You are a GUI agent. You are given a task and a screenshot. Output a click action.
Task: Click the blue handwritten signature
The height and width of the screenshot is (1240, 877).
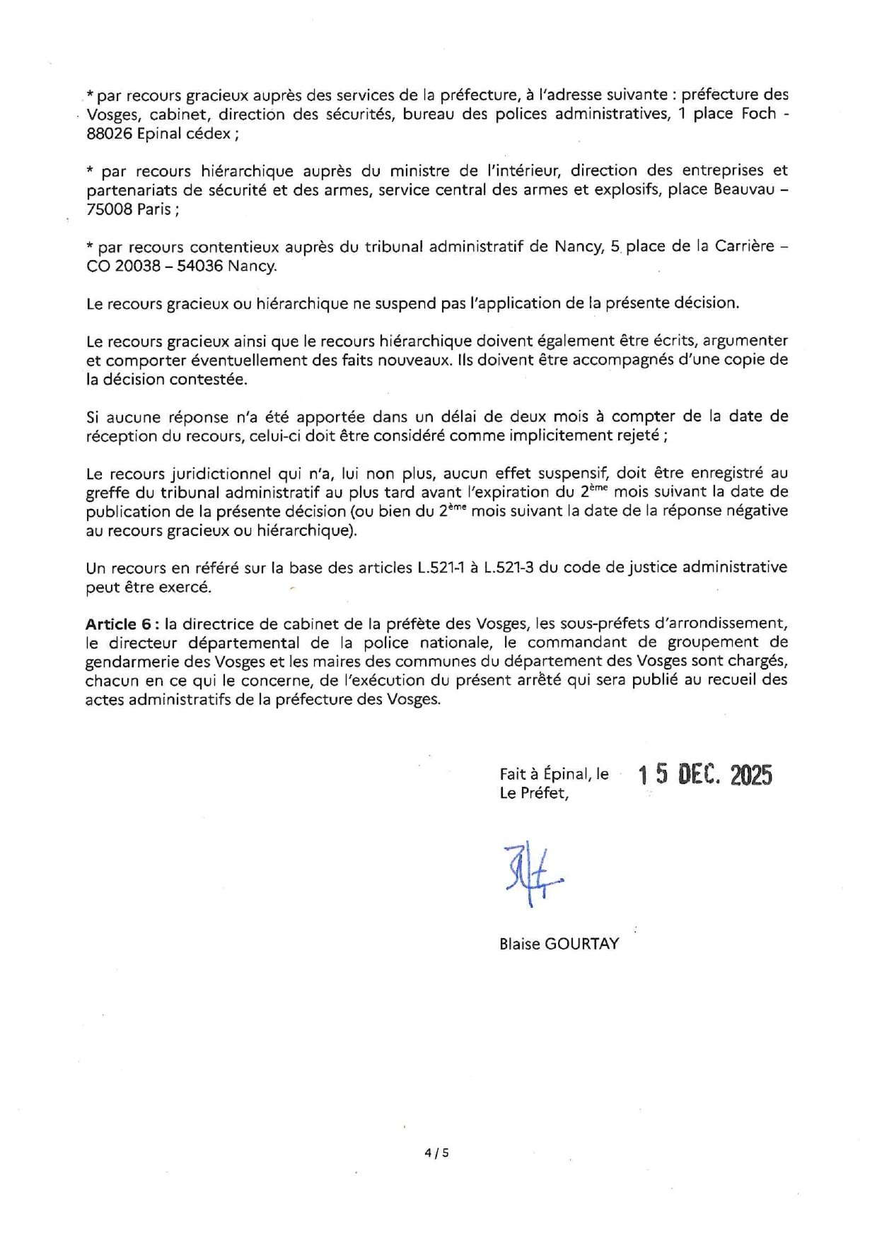(533, 875)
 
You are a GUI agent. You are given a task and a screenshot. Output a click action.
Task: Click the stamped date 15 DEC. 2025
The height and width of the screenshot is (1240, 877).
(705, 775)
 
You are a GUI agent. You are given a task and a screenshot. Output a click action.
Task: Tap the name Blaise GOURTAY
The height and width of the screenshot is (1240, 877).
(559, 944)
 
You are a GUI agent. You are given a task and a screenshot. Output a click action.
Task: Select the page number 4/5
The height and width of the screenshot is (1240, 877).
(436, 1152)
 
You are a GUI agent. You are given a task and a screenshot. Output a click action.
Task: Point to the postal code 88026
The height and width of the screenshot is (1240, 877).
(109, 134)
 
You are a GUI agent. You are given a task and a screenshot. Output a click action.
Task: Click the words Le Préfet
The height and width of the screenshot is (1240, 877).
(533, 793)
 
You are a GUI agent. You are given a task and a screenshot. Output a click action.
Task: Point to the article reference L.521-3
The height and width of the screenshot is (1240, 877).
(509, 568)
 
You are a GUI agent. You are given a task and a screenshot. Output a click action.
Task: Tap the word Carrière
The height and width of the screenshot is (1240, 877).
(745, 247)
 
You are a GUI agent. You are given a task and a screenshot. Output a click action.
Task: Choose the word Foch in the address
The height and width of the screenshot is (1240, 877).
(759, 114)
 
